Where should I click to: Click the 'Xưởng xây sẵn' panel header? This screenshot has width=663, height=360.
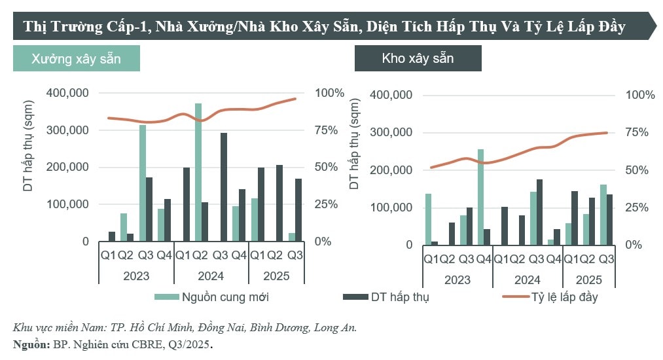coord(76,58)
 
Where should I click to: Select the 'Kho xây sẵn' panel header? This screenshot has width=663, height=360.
coord(418,58)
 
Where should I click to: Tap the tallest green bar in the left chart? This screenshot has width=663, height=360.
coord(198,172)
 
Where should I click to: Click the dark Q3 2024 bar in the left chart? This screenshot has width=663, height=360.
coord(223,187)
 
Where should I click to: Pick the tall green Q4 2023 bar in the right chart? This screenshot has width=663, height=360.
coord(480,196)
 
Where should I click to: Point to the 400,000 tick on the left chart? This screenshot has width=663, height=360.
coord(68,93)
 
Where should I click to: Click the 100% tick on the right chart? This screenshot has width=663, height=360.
coord(640,95)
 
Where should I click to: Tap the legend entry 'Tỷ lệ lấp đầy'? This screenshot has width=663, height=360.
coord(565,297)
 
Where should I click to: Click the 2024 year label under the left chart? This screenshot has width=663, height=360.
coord(211,276)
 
